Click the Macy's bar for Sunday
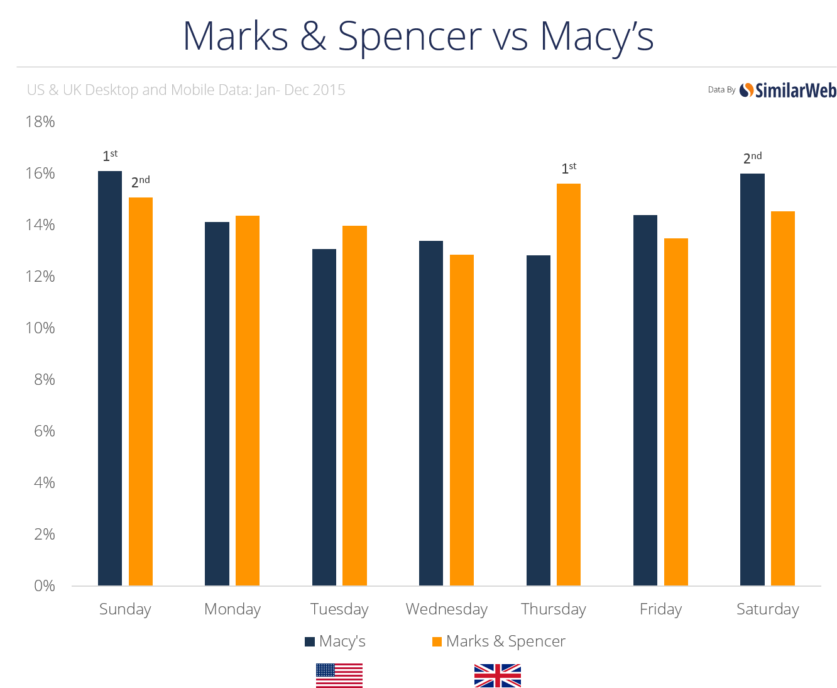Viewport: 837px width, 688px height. (110, 377)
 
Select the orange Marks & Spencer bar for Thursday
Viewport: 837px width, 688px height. (569, 384)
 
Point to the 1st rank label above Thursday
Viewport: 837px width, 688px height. (569, 168)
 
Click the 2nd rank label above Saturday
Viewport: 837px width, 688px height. (752, 158)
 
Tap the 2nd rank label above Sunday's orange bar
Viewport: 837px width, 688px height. (140, 182)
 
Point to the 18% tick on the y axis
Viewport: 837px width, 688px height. (40, 121)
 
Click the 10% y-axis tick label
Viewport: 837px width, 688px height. (40, 328)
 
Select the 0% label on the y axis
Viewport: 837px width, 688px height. (44, 585)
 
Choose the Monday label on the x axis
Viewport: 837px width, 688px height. (232, 609)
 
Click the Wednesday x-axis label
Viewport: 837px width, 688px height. (447, 609)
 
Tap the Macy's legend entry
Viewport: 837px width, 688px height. (336, 641)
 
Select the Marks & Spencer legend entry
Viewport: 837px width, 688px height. (499, 641)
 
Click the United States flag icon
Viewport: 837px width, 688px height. (339, 675)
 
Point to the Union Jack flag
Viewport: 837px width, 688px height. (497, 675)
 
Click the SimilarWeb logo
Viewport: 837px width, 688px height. (788, 91)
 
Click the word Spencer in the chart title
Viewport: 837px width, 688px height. (410, 36)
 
